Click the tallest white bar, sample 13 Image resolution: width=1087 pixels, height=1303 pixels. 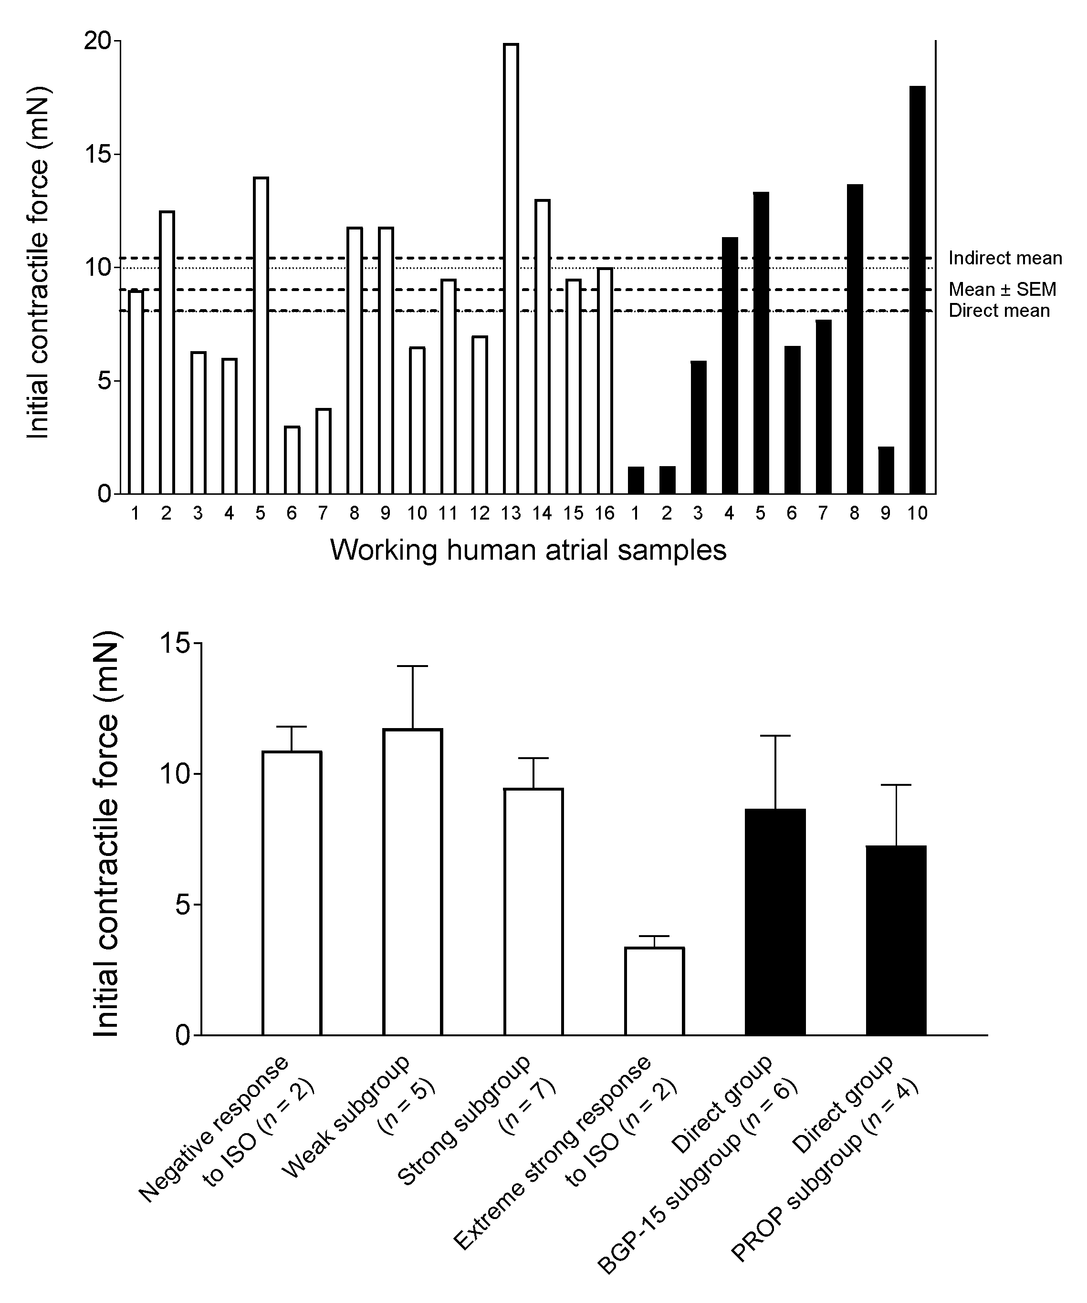[x=511, y=269]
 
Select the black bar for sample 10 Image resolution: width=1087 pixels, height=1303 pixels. [x=918, y=290]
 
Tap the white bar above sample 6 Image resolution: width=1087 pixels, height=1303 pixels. [x=292, y=460]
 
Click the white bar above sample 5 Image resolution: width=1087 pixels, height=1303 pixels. [x=261, y=335]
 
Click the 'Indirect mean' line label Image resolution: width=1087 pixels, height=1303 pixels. [x=1005, y=258]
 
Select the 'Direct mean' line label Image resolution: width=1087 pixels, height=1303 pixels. [x=999, y=310]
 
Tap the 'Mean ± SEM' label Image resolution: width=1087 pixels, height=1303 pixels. [x=1002, y=289]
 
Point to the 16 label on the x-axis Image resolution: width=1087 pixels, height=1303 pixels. [x=604, y=513]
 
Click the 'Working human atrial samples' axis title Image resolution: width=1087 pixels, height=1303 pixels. [x=528, y=550]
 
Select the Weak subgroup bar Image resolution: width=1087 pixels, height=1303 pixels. [x=413, y=882]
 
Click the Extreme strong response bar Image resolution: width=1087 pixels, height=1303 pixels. [x=654, y=991]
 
